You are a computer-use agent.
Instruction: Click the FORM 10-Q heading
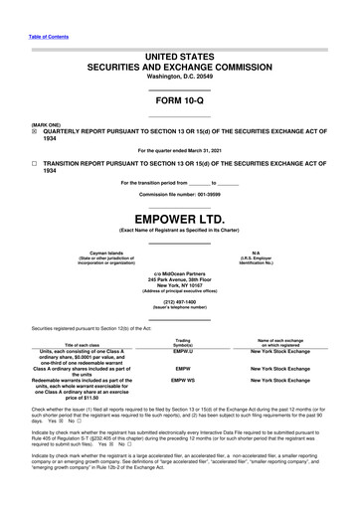[179, 102]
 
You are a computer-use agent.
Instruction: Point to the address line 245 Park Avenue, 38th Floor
[179, 279]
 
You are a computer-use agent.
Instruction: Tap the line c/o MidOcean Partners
[179, 273]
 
